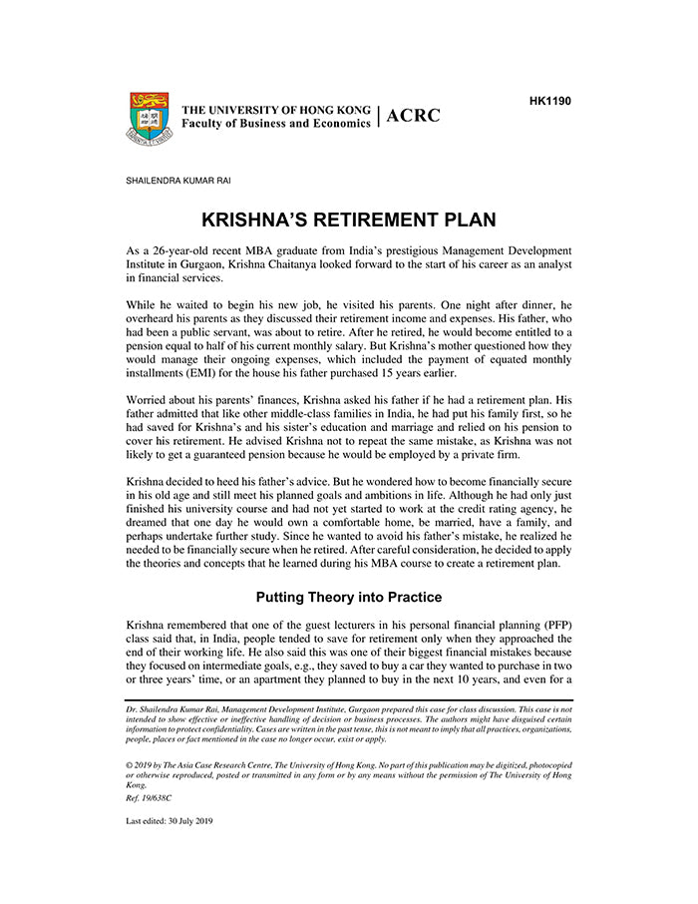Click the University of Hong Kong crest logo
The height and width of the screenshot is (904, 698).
point(149,119)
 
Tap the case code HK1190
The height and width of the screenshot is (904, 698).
point(549,101)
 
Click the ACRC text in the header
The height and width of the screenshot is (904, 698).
point(413,116)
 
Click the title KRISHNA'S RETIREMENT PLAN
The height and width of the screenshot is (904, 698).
point(349,220)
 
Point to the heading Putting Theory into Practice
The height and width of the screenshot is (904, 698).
point(349,598)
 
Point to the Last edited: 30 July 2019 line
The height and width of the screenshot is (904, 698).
point(170,821)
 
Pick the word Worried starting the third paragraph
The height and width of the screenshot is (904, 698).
point(148,401)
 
